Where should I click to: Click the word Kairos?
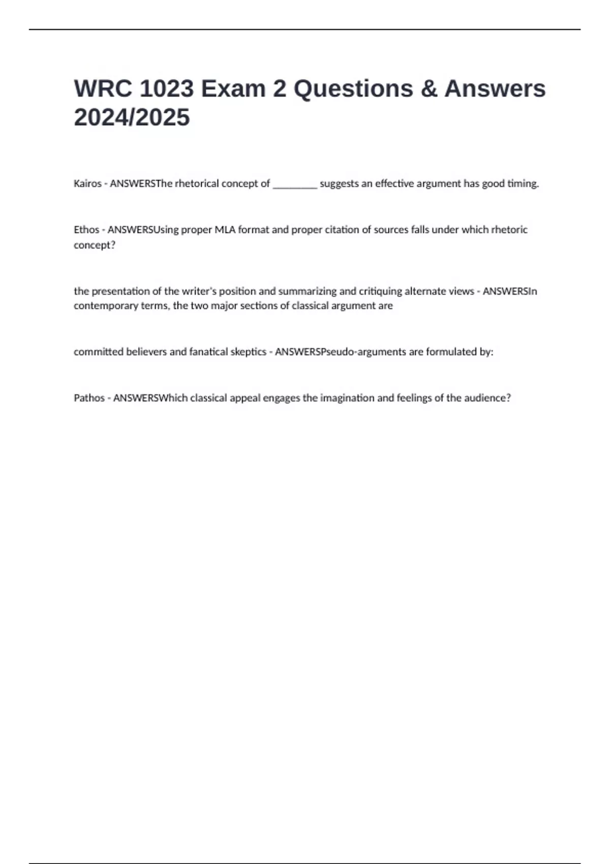(87, 183)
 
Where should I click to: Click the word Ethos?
(86, 230)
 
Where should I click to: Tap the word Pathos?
(89, 398)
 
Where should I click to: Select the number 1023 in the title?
(166, 89)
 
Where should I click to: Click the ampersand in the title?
(429, 89)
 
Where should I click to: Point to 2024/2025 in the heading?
(132, 117)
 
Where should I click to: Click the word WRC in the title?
(103, 89)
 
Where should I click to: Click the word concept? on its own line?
(95, 245)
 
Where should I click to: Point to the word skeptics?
(248, 352)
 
